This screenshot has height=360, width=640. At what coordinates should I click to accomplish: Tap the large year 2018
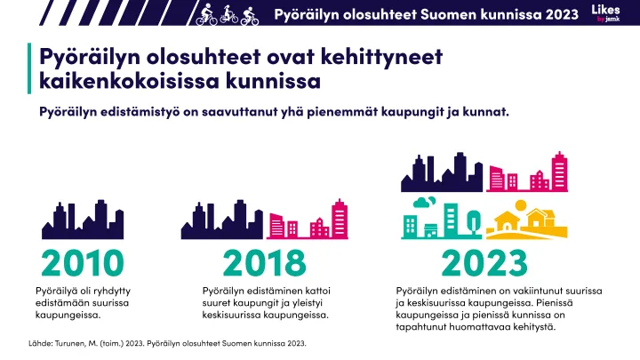[264, 263]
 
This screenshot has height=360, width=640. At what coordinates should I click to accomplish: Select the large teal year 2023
[484, 263]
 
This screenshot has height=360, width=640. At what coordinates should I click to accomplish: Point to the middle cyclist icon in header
[229, 14]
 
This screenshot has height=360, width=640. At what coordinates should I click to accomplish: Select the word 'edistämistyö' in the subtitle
[148, 113]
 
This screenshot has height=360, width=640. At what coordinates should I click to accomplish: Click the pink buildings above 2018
[308, 221]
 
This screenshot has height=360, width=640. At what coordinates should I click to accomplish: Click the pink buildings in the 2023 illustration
[532, 173]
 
